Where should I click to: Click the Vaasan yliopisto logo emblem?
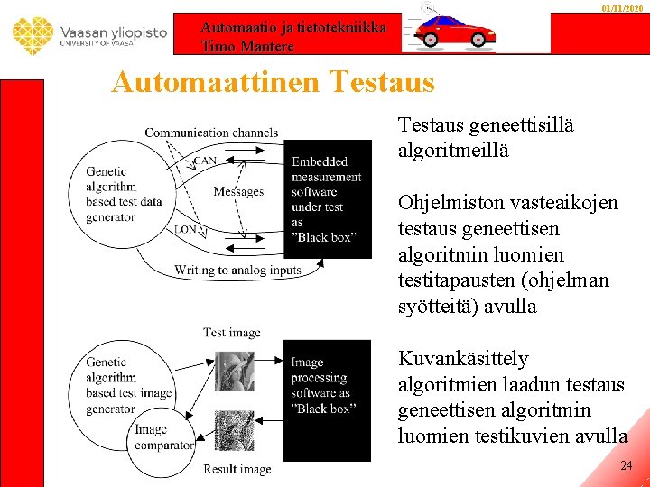(33, 35)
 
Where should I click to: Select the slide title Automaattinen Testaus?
(273, 83)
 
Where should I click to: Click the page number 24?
(627, 466)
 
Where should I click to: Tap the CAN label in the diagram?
(205, 161)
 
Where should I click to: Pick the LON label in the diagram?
(186, 230)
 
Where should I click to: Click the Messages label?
(238, 191)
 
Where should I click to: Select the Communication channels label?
(211, 133)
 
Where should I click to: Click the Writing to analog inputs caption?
(237, 270)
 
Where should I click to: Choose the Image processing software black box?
(326, 386)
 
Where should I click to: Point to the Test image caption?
(232, 332)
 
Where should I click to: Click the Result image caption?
(237, 469)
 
